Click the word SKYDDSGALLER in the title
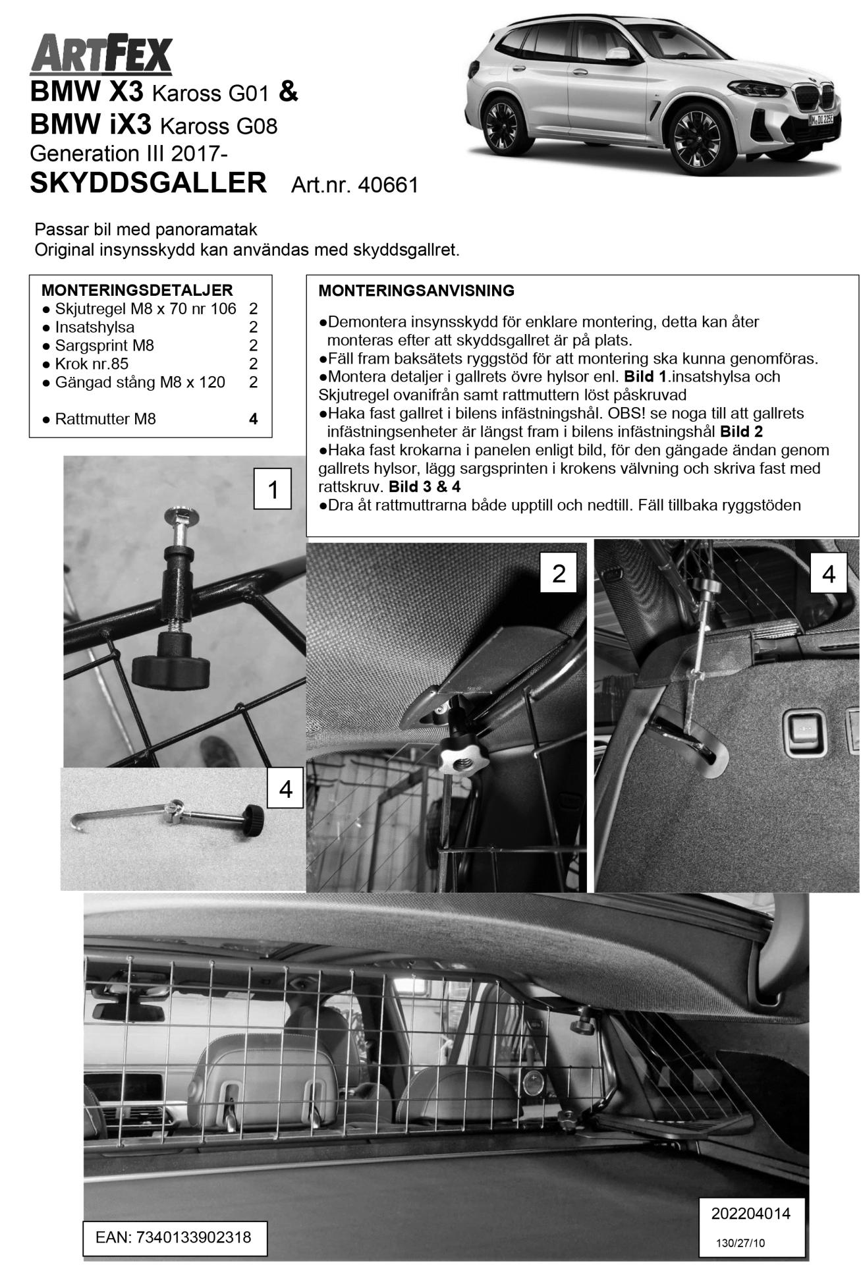[x=148, y=183]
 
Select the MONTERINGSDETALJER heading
[x=136, y=290]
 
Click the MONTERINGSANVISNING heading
[x=416, y=291]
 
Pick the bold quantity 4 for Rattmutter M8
[x=254, y=419]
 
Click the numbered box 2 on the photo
[x=559, y=573]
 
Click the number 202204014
[x=750, y=1213]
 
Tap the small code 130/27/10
[x=741, y=1243]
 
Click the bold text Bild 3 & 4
[x=424, y=488]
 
